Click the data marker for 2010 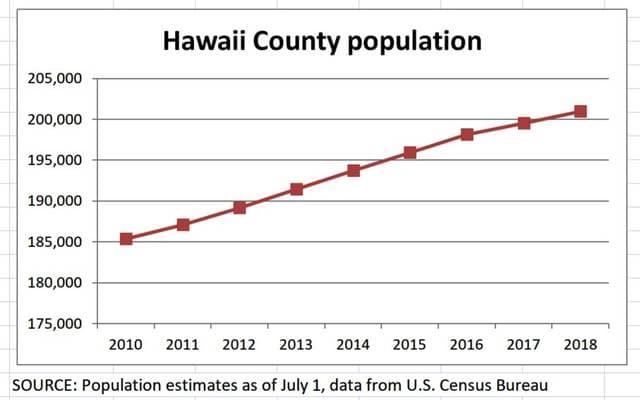coord(126,239)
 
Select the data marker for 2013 coord(296,189)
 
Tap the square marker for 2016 coord(466,134)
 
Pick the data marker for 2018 coord(580,111)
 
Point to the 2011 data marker coord(183,225)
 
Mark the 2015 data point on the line coord(410,153)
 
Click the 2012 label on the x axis coord(239,344)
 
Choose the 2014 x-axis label coord(353,344)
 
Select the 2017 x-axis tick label coord(523,344)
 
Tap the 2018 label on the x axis coord(580,344)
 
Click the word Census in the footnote coord(464,385)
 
